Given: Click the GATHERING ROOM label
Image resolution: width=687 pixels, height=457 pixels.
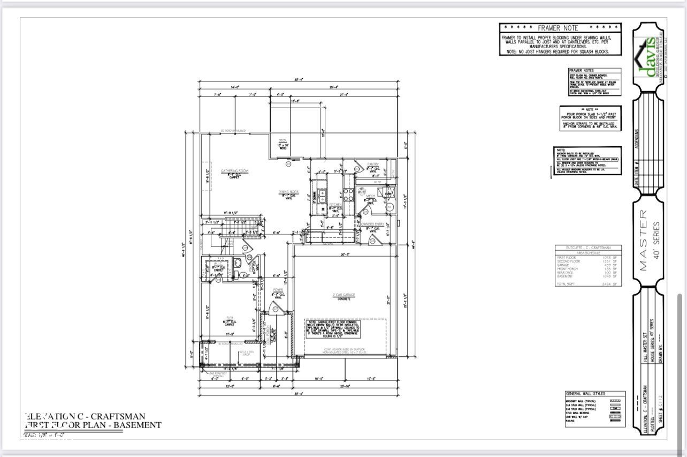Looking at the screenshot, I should coord(235,171).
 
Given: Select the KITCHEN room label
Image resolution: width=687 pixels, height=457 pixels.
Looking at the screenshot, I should coord(335,205).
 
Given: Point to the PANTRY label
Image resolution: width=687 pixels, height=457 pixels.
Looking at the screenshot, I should coord(373,164).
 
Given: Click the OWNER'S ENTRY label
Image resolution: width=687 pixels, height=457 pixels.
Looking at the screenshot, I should coord(373,224).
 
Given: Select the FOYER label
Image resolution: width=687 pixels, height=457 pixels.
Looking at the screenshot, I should coord(278,290).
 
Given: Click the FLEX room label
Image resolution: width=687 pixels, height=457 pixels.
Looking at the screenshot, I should coord(229,317).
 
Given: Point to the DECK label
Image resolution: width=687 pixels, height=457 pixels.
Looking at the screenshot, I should coord(283,140).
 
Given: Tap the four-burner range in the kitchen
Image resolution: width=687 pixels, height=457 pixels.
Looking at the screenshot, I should coord(347,194).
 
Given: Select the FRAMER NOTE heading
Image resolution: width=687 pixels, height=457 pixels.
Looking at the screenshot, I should coord(560,28).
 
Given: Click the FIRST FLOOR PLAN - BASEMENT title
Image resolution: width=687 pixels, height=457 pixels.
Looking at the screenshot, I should coord(93,425).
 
